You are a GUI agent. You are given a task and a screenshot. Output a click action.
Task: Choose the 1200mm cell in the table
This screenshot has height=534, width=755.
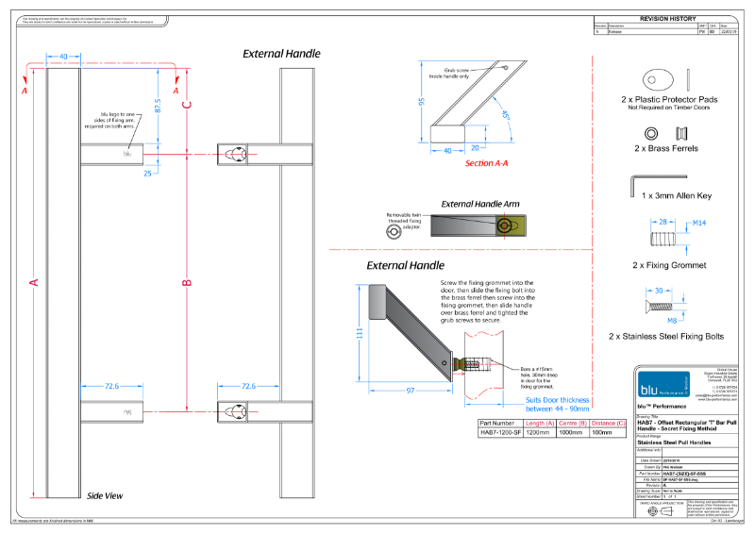(537, 434)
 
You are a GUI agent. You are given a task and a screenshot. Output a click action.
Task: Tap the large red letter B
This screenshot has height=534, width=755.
(187, 282)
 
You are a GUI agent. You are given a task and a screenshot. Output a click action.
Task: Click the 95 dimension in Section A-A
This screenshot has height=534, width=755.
(422, 101)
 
